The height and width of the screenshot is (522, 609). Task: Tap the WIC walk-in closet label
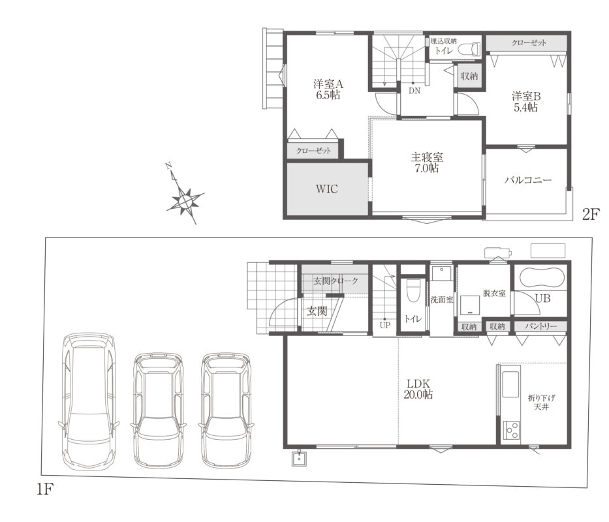click(x=326, y=189)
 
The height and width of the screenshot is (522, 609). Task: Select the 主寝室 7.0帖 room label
click(x=427, y=162)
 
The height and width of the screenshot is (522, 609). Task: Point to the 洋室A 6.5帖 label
click(x=328, y=90)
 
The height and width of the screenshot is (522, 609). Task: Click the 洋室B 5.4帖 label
click(x=526, y=101)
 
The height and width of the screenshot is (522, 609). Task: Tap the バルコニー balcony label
click(x=528, y=180)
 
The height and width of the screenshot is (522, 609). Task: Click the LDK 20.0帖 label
click(x=418, y=389)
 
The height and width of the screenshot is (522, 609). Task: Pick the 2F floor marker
click(x=591, y=215)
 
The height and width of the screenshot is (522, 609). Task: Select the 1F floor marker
click(x=44, y=489)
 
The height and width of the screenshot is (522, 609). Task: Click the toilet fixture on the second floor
click(x=469, y=48)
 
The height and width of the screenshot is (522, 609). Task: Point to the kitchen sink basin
click(x=510, y=384)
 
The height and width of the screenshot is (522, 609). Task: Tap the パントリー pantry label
click(x=540, y=326)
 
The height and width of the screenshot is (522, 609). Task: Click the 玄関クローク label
click(x=336, y=281)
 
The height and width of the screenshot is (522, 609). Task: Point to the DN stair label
click(x=414, y=91)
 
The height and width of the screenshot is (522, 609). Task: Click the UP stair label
click(x=385, y=326)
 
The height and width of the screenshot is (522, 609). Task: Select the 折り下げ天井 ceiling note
click(x=541, y=403)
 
